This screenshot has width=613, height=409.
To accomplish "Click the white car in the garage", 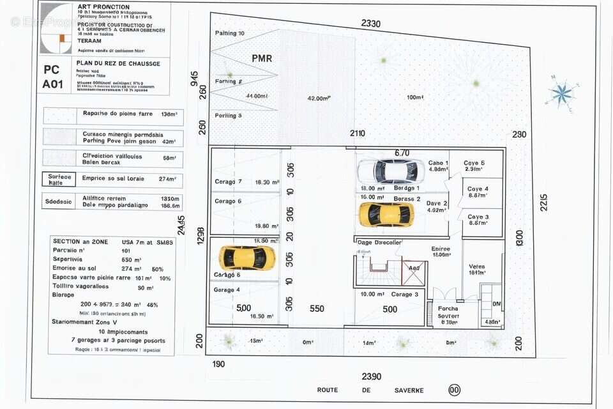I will [x=390, y=171].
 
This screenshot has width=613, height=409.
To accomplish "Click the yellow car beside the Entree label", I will [x=386, y=215].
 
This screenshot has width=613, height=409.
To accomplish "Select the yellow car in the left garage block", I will [x=247, y=258].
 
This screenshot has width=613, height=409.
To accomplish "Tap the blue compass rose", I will [x=562, y=94].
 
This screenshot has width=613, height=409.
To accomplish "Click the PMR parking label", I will [x=262, y=58].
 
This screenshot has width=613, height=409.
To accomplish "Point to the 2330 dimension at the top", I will [x=370, y=24].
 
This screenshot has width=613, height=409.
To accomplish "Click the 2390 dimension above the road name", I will [x=371, y=376].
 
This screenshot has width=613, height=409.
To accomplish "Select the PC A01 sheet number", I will [x=52, y=77].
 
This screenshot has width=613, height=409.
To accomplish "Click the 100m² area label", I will [x=415, y=97].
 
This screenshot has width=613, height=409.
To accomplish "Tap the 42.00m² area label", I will [x=319, y=98].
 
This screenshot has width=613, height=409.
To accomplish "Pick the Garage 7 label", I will [x=228, y=182].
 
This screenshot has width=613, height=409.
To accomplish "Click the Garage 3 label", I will [x=405, y=295].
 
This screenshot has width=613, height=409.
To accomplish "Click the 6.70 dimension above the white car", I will [x=402, y=153].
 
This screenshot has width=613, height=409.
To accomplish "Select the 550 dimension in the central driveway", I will [x=317, y=309].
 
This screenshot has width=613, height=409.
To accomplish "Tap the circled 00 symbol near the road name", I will [x=455, y=390].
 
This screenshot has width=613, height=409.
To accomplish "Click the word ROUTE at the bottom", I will [x=328, y=390].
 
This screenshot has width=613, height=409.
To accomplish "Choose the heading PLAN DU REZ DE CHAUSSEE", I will [x=117, y=64].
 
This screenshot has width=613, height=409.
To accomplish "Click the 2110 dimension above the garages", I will [x=357, y=134].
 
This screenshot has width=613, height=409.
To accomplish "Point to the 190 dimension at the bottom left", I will [x=218, y=364].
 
